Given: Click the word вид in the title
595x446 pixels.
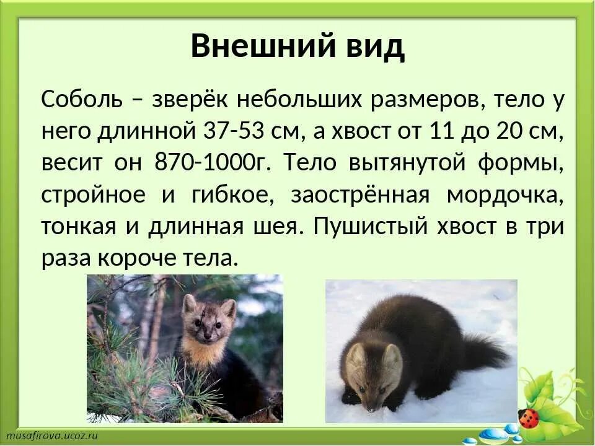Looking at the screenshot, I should [373, 46].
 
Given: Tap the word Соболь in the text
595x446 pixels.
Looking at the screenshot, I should [80, 100].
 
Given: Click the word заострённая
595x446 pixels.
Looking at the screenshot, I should [359, 195].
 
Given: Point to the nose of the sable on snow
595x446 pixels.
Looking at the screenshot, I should [370, 408].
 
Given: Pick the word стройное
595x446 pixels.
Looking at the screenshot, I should [94, 195].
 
